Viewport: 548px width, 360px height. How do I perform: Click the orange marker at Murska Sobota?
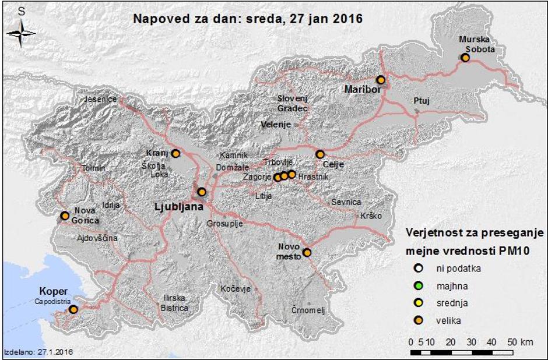coord(465,58)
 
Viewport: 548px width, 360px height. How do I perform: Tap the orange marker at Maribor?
coord(381,80)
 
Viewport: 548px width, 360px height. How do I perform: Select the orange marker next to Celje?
coord(319,154)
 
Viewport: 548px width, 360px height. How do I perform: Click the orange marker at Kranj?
coord(175,153)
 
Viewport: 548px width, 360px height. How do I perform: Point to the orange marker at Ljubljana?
coord(202,192)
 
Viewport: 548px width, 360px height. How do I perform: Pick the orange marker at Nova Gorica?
coord(65,216)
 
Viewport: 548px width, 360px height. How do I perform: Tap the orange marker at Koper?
coord(73,309)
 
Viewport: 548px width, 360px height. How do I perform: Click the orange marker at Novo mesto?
coord(307,252)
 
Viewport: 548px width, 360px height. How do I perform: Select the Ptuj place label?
coord(421,101)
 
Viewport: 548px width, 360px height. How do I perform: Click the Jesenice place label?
coord(101,100)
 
